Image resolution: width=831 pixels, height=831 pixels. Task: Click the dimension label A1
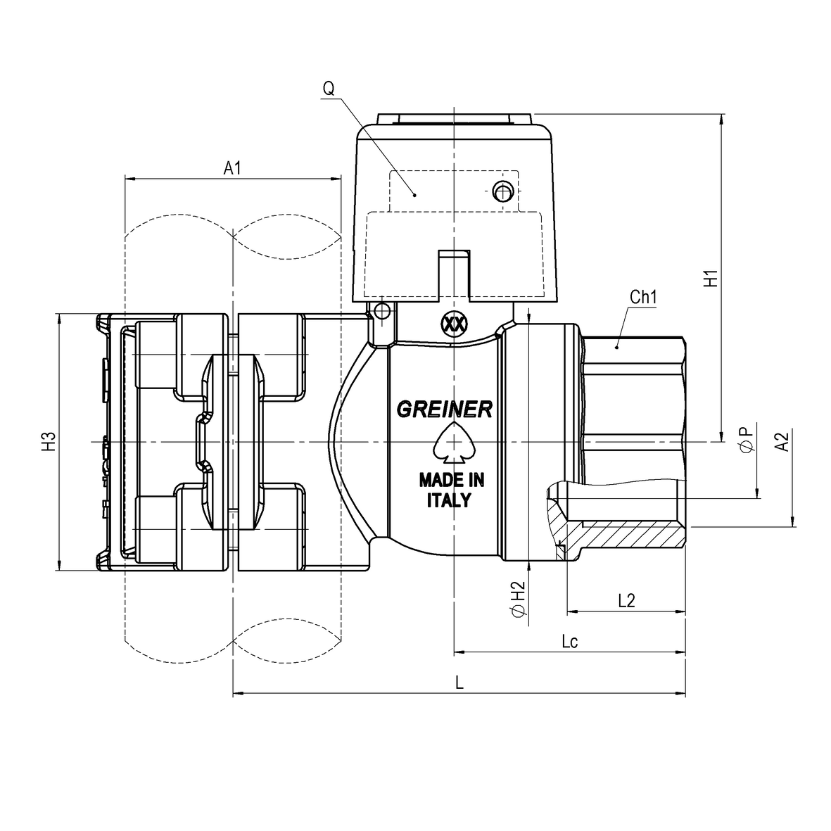pyautogui.click(x=232, y=168)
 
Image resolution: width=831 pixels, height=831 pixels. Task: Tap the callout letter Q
pyautogui.click(x=329, y=88)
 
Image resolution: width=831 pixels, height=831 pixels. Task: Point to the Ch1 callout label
pyautogui.click(x=643, y=298)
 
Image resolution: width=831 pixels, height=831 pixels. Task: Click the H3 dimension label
pyautogui.click(x=49, y=441)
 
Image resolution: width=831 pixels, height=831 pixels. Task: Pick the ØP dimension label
pyautogui.click(x=747, y=440)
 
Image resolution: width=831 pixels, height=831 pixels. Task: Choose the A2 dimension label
pyautogui.click(x=782, y=442)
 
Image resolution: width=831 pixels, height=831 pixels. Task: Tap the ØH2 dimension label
pyautogui.click(x=519, y=599)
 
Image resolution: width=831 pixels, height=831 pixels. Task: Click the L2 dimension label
pyautogui.click(x=626, y=600)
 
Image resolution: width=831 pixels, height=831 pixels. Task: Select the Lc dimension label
pyautogui.click(x=570, y=641)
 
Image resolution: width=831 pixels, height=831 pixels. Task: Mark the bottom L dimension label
pyautogui.click(x=459, y=682)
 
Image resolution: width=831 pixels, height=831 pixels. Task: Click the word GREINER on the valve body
pyautogui.click(x=445, y=409)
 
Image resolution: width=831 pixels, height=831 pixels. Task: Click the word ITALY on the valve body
pyautogui.click(x=450, y=500)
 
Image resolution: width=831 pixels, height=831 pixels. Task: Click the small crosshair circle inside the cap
pyautogui.click(x=502, y=191)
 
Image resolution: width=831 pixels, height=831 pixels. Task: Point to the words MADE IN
pyautogui.click(x=452, y=480)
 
